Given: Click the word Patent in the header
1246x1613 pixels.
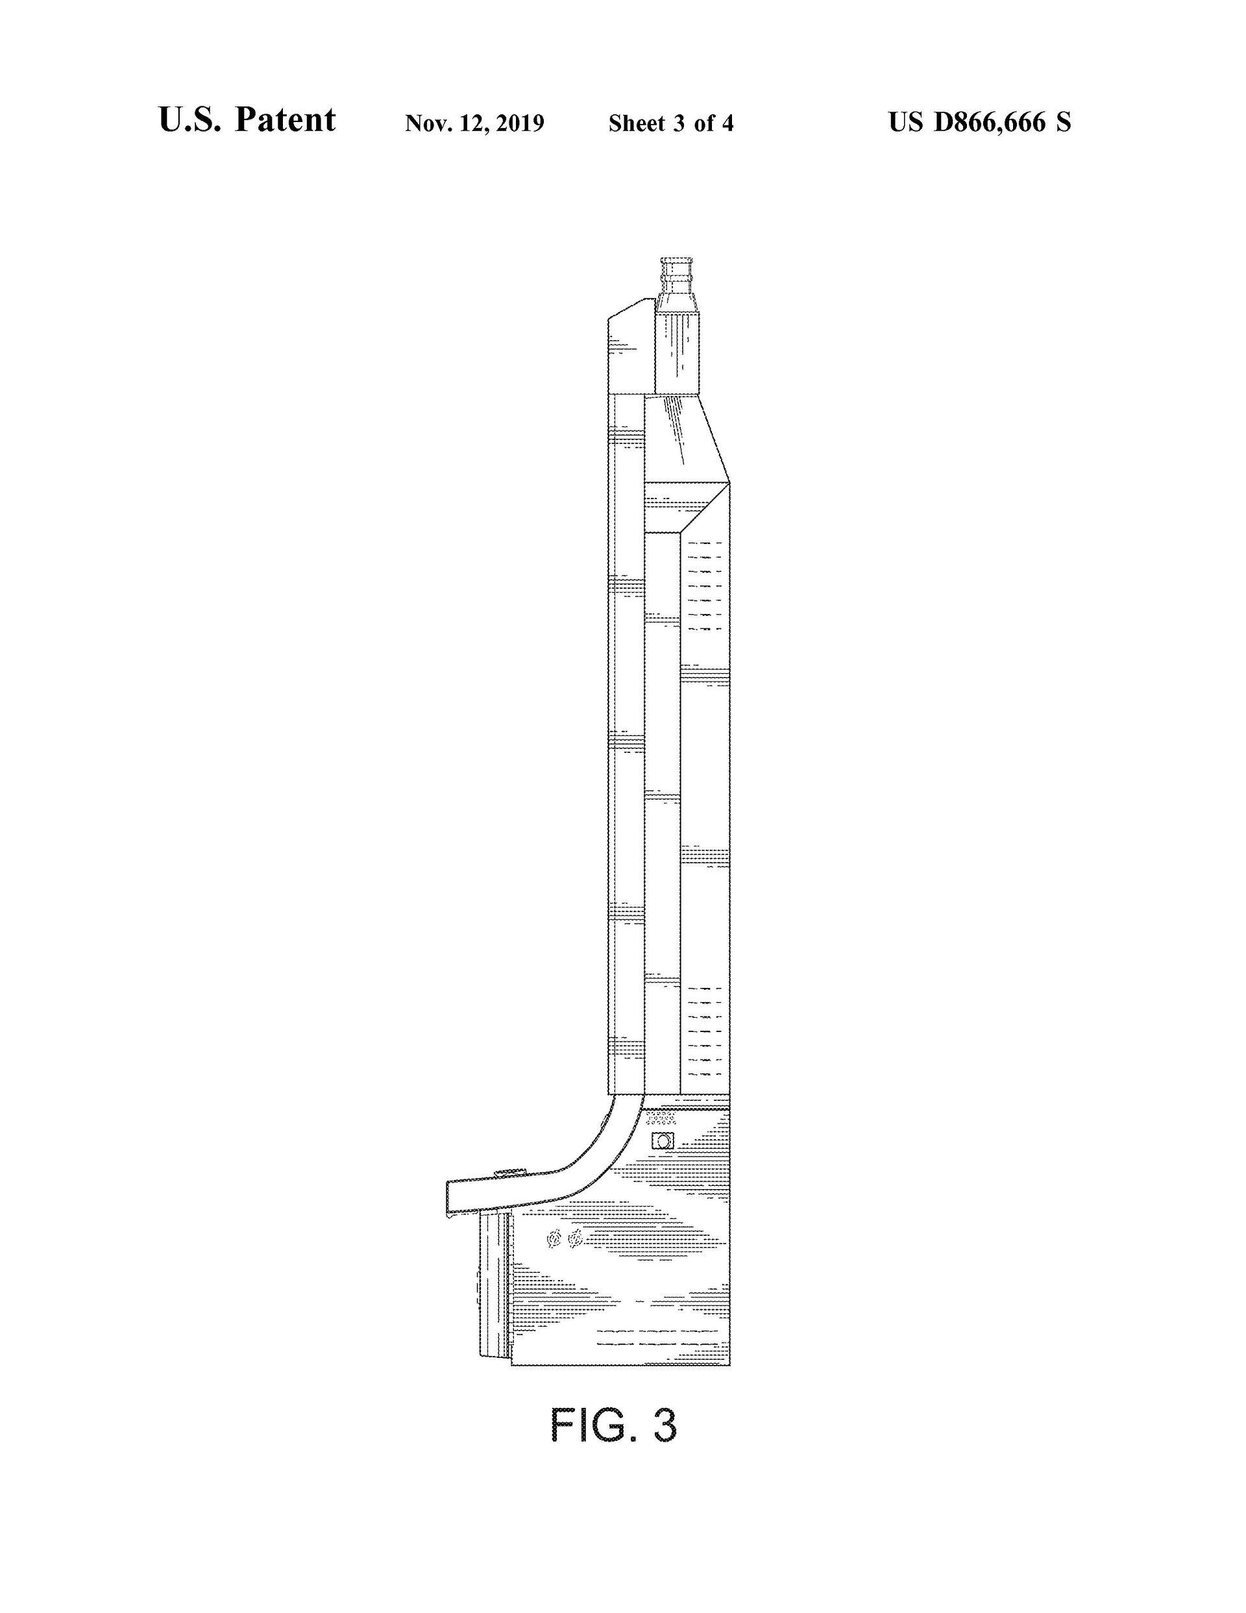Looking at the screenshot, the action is point(285,119).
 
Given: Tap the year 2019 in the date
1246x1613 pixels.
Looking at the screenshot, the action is point(520,123).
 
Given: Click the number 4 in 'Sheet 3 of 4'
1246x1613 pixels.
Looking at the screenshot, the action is point(727,123).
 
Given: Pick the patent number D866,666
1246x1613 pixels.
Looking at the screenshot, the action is point(990,122).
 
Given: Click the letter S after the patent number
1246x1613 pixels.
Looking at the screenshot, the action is point(1063,122).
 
